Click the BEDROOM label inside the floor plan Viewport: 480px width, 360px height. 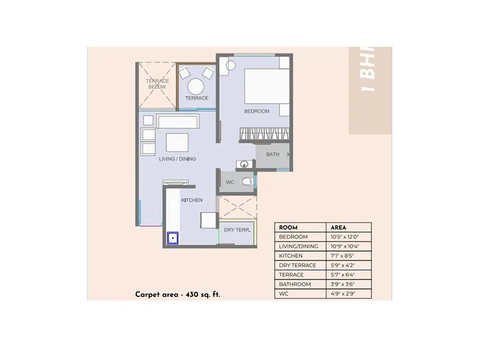(256, 112)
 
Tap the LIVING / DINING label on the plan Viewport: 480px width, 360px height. (178, 159)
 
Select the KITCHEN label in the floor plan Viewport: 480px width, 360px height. (191, 200)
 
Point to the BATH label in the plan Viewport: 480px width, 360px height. (273, 154)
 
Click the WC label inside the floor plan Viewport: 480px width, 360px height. (230, 182)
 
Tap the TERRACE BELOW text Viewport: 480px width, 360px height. (157, 83)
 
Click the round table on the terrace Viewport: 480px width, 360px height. (196, 83)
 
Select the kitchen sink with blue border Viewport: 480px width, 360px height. (173, 238)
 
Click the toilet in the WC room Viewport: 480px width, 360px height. (246, 181)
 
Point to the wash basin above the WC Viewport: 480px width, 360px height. (244, 164)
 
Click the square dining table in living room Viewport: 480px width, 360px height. (178, 142)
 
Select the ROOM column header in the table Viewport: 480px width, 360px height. (288, 227)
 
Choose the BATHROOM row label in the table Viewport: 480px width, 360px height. (295, 284)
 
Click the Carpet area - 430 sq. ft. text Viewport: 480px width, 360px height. (173, 295)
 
